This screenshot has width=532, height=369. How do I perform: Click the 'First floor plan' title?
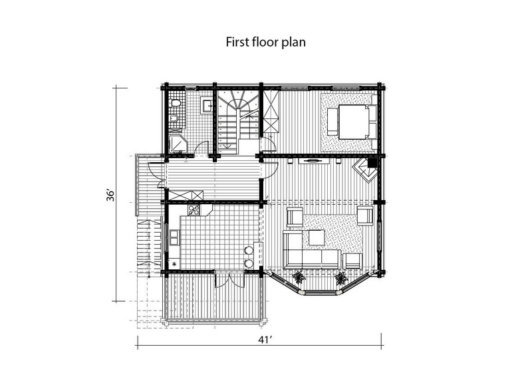pyautogui.click(x=265, y=42)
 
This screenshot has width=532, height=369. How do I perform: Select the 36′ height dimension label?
pyautogui.click(x=110, y=195)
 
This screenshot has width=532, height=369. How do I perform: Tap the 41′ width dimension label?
pyautogui.click(x=265, y=339)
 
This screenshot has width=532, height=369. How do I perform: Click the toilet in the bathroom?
pyautogui.click(x=176, y=103)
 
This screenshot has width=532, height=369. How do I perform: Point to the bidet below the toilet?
pyautogui.click(x=174, y=118)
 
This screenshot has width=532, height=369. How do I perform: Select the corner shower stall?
pyautogui.click(x=177, y=144)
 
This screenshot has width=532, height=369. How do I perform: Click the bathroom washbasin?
pyautogui.click(x=207, y=104)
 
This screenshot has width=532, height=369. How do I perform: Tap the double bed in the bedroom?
pyautogui.click(x=353, y=122)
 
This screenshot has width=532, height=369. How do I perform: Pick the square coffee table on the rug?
pyautogui.click(x=317, y=237)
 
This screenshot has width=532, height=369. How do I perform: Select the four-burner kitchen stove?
pyautogui.click(x=194, y=210)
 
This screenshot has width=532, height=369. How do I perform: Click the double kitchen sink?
pyautogui.click(x=175, y=237)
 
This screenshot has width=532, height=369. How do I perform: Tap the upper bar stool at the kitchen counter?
pyautogui.click(x=249, y=250)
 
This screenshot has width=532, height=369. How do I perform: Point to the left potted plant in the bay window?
pyautogui.click(x=299, y=277)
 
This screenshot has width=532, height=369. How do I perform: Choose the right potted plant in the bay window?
pyautogui.click(x=341, y=278)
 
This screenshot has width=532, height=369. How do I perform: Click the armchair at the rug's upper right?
pyautogui.click(x=365, y=215)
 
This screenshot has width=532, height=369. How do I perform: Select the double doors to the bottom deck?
pyautogui.click(x=230, y=279)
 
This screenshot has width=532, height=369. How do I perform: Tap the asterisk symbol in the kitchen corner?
pyautogui.click(x=174, y=263)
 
